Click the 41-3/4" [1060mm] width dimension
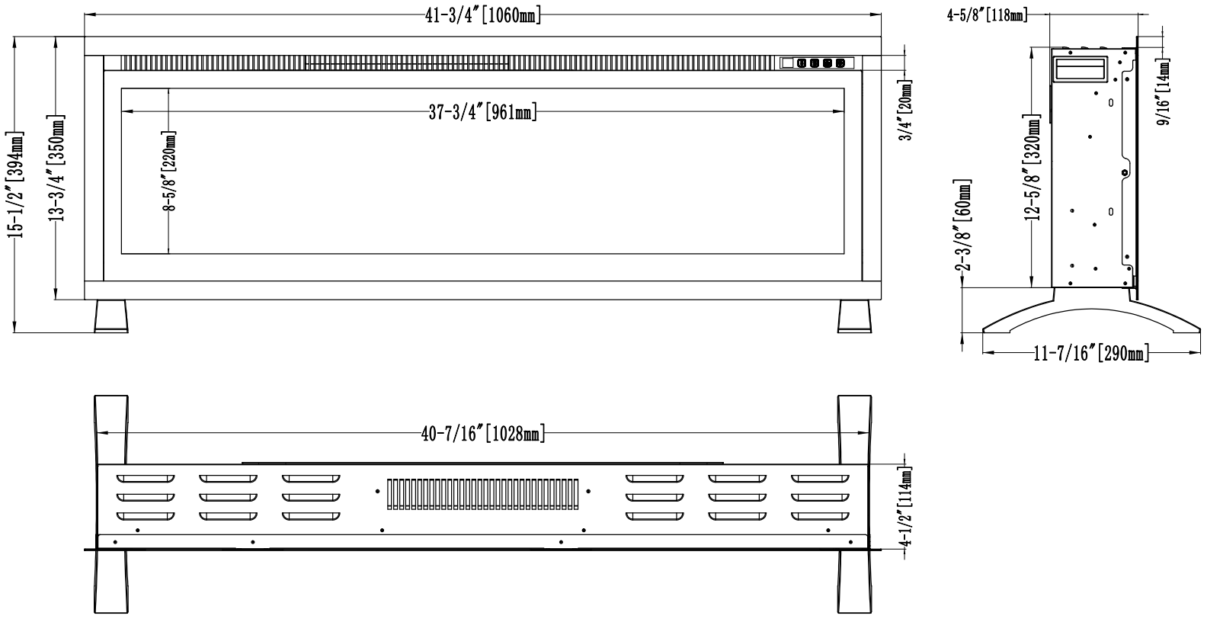(483, 15)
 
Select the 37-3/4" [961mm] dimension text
(483, 113)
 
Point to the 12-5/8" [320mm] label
(1033, 168)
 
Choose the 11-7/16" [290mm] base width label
(1090, 354)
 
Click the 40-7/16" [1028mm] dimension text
(483, 434)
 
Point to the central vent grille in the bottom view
(483, 494)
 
